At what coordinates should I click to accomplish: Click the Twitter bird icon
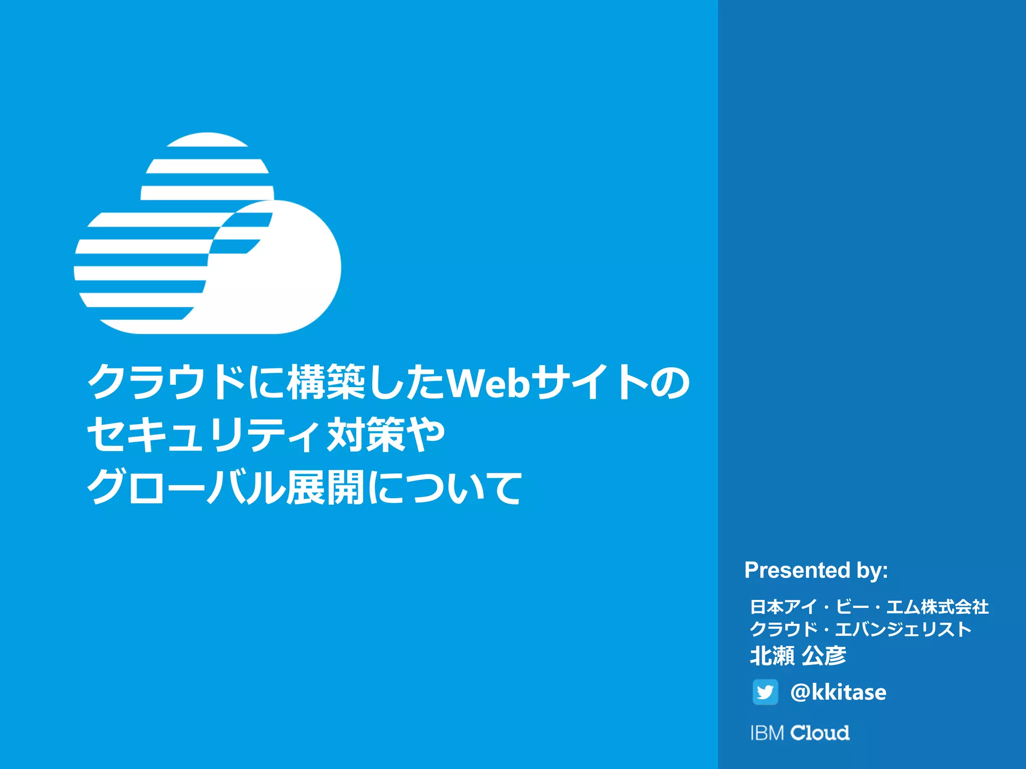click(765, 692)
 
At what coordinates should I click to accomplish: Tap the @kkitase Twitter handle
click(838, 692)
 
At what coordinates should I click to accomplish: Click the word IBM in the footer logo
click(766, 733)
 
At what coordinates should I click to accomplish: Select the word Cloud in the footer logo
click(820, 733)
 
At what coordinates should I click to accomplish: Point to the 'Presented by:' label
click(816, 570)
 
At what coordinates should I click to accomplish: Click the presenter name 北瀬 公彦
click(798, 655)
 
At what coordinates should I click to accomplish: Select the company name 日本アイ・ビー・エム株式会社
click(869, 607)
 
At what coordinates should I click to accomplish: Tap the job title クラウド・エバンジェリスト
click(861, 629)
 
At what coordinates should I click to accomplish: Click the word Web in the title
click(487, 383)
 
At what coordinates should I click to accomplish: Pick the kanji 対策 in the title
click(365, 435)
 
